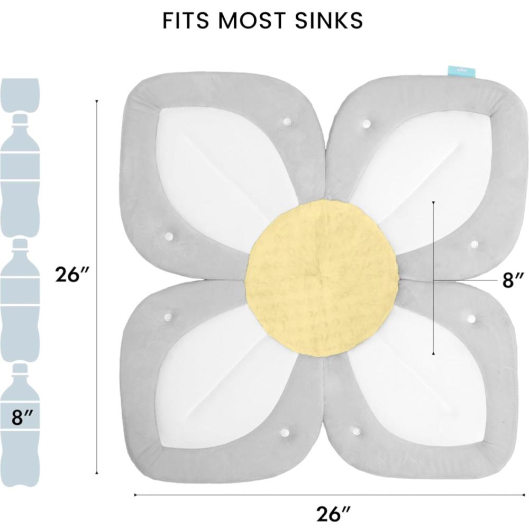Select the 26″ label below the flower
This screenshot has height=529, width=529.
[x=333, y=514]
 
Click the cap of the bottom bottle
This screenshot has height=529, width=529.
[x=20, y=368]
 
